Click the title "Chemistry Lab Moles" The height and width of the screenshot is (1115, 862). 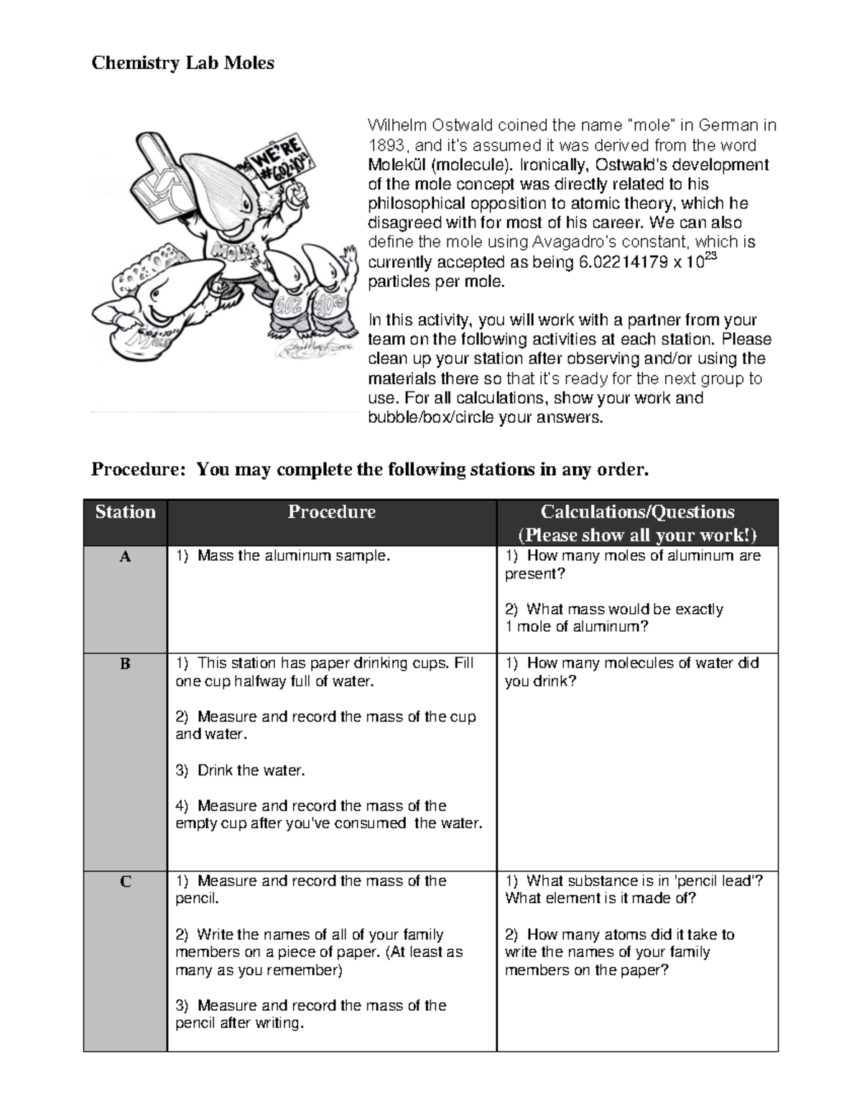[182, 63]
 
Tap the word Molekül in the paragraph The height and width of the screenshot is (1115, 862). [395, 164]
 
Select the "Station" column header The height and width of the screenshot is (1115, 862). [125, 512]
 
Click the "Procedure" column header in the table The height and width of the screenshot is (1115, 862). [331, 512]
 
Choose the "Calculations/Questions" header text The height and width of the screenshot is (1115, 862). [637, 512]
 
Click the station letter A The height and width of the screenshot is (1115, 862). [125, 556]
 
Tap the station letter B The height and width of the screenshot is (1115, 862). [125, 664]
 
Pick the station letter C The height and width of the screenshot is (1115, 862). [125, 882]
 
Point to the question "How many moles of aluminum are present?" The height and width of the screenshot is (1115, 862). [632, 564]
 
